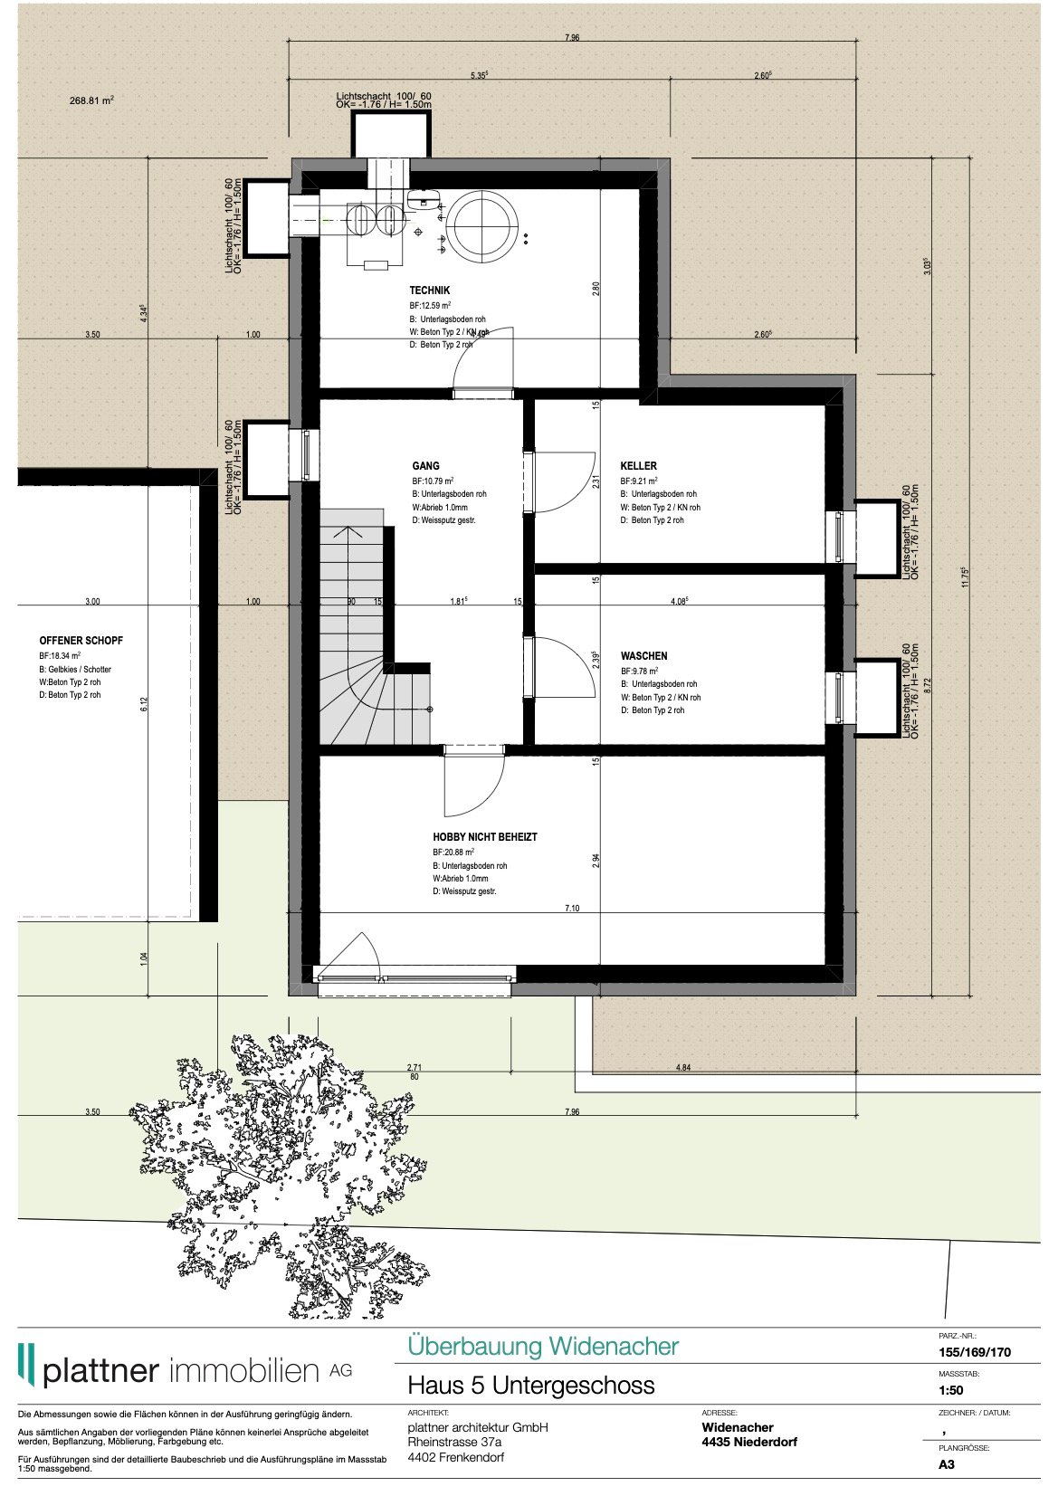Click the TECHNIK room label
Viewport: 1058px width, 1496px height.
[x=429, y=291]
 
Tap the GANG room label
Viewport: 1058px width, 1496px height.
[x=425, y=466]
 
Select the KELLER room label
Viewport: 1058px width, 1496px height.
[x=639, y=466]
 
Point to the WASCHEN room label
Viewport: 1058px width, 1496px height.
[x=643, y=656]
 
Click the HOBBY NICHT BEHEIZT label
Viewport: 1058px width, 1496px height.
[x=484, y=837]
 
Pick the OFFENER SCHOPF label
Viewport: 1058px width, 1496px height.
[x=81, y=641]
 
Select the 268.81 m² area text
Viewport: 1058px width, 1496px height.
[x=91, y=101]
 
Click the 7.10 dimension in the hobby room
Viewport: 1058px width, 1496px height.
[x=571, y=908]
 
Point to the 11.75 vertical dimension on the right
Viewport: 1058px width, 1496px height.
[x=965, y=577]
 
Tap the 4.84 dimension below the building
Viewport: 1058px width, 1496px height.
[x=682, y=1068]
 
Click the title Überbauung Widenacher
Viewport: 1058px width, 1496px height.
[x=542, y=1346]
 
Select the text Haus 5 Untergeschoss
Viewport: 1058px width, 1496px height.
[x=530, y=1386]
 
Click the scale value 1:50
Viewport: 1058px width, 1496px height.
[x=950, y=1390]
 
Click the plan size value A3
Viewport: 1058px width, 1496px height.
[x=946, y=1464]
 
